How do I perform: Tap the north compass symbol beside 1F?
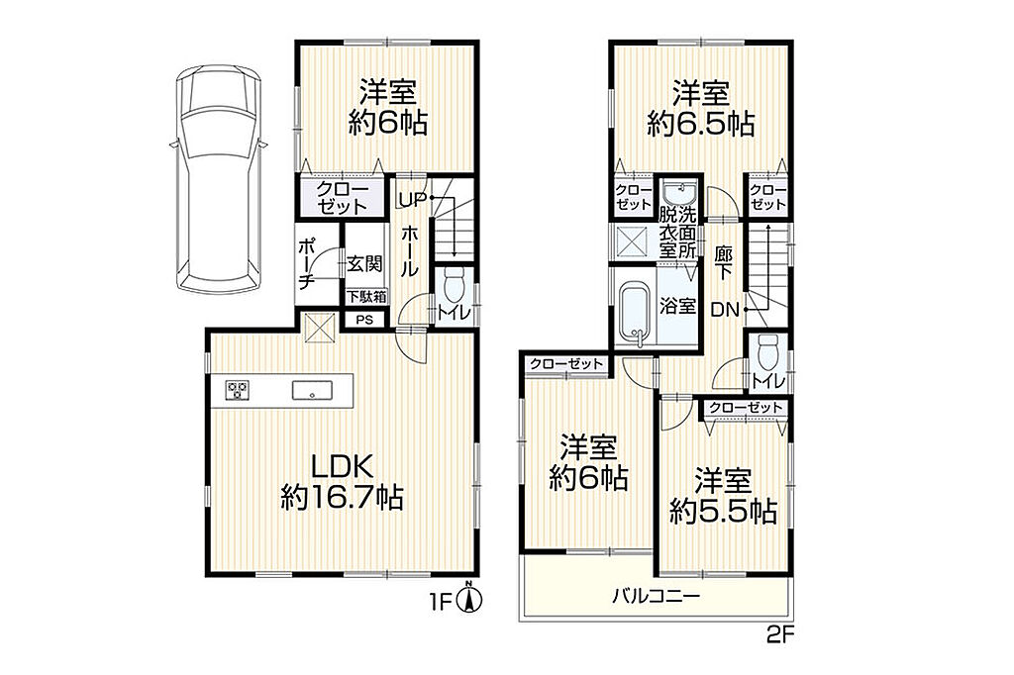[x=470, y=598]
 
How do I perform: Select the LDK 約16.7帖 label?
[x=342, y=482]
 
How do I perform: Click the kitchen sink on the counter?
[x=312, y=391]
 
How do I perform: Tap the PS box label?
[x=364, y=320]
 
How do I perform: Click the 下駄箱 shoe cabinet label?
[x=366, y=297]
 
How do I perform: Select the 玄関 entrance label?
[x=364, y=264]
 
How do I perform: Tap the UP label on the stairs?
[x=412, y=200]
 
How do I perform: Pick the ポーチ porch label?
[x=307, y=262]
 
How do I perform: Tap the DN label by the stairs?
[x=725, y=311]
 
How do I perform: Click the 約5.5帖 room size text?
[x=723, y=512]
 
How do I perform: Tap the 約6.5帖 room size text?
[x=701, y=124]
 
